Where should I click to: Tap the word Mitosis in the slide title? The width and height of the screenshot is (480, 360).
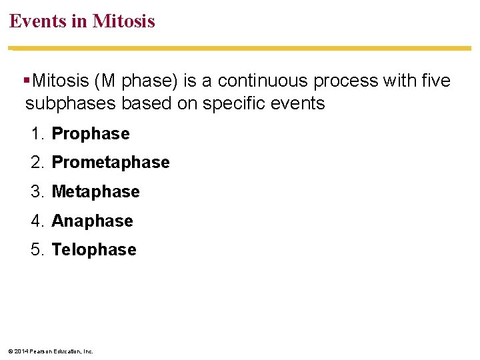pos(123,21)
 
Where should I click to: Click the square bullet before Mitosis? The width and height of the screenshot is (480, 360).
pos(27,81)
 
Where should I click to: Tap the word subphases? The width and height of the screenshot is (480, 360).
pos(64,103)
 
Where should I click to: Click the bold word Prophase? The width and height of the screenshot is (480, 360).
pos(91,134)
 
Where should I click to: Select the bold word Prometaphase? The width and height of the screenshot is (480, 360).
pos(111,163)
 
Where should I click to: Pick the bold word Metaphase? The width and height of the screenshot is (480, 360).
pos(95,192)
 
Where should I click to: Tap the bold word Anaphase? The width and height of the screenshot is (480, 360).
pos(92,221)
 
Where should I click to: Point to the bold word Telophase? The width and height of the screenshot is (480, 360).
pos(94,250)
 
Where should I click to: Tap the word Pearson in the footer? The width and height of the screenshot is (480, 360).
pos(39,351)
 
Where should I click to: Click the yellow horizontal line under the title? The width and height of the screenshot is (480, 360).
pos(240,48)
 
